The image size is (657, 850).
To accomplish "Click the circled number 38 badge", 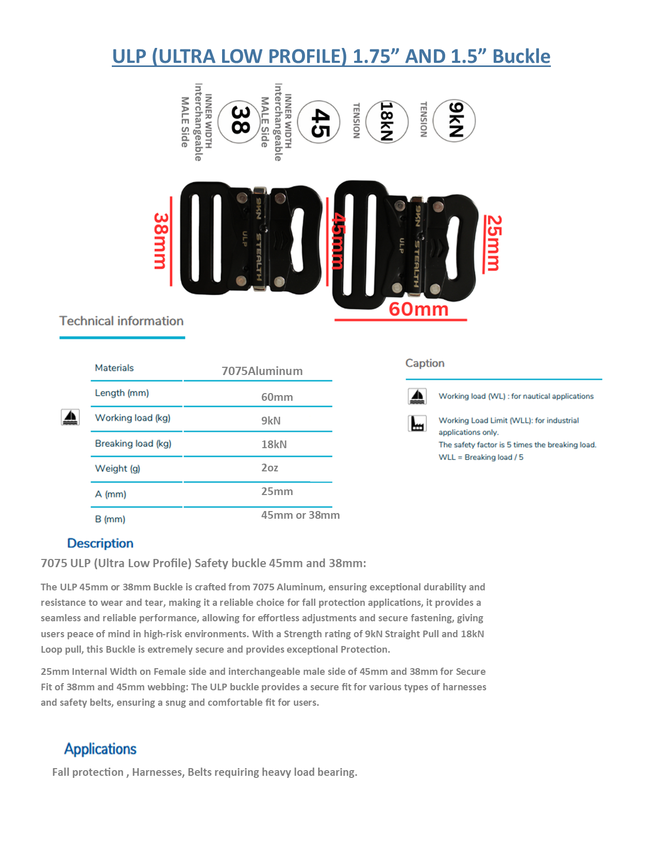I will (239, 122).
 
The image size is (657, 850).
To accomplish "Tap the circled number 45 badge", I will (319, 122).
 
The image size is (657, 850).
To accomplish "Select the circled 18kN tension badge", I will (386, 122).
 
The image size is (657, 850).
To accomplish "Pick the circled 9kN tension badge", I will (454, 121).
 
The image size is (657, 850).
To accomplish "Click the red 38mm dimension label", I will (161, 241).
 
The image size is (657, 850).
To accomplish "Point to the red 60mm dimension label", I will (418, 309).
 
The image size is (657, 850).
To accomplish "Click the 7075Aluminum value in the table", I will (262, 371).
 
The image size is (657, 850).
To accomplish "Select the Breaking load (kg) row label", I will (133, 444).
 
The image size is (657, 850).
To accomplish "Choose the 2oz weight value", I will (269, 468).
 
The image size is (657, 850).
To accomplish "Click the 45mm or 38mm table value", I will (300, 515).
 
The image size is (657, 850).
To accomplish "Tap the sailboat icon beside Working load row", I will (70, 417).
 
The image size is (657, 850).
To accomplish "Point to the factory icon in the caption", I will (417, 423).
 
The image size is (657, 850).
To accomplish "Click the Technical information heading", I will (122, 321).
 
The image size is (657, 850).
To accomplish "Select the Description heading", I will (100, 543).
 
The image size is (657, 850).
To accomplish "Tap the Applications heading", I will (100, 749).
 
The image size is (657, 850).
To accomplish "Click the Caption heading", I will (425, 363).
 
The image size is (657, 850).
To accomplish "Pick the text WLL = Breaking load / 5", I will (481, 457).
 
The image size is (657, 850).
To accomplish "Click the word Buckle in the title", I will (521, 56).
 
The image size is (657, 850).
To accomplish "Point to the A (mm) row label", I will (110, 494).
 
